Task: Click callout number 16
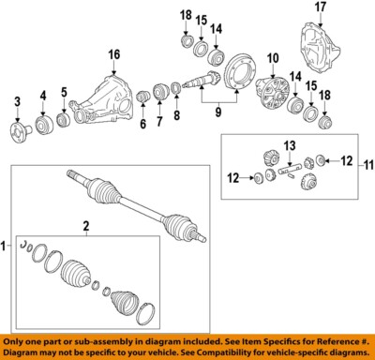pyautogui.click(x=114, y=54)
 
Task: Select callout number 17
pyautogui.click(x=321, y=8)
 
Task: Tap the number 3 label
pyautogui.click(x=17, y=100)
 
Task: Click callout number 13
pyautogui.click(x=290, y=144)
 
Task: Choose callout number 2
pyautogui.click(x=85, y=226)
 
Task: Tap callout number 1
pyautogui.click(x=6, y=246)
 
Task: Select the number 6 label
pyautogui.click(x=143, y=124)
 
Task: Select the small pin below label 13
pyautogui.click(x=290, y=171)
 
